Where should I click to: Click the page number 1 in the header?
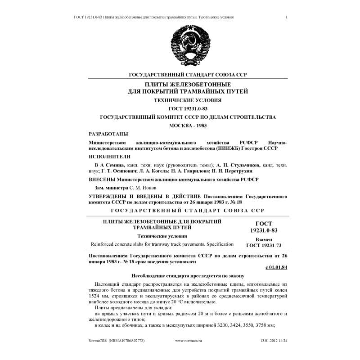(x=286, y=17)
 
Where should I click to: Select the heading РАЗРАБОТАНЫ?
(x=108, y=134)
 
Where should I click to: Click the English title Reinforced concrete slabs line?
(x=162, y=244)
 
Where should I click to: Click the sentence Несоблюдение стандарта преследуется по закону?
(x=188, y=275)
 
